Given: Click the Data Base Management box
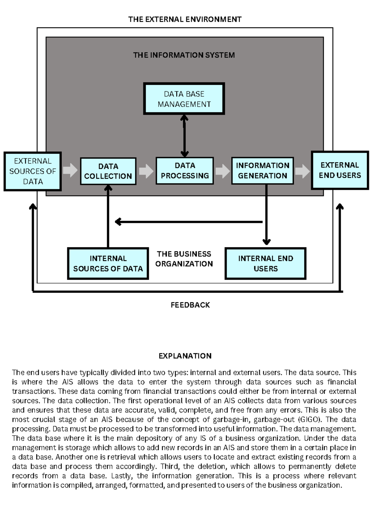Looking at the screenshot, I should [184, 99].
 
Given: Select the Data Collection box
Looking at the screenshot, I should [108, 171].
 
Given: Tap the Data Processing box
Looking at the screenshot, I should [185, 171].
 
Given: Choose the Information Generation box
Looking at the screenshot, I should [262, 171].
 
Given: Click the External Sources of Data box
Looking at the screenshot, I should [33, 171].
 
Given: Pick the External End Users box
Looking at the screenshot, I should [340, 170].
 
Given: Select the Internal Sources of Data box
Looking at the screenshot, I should [108, 263].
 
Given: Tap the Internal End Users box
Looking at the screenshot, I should [265, 263].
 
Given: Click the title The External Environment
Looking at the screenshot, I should [185, 19].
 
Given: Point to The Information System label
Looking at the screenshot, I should [184, 55].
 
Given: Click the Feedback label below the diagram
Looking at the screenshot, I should [190, 305].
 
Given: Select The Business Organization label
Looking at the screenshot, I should [184, 259].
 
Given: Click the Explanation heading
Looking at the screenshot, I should [185, 356].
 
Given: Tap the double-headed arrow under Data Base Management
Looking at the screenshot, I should [184, 136].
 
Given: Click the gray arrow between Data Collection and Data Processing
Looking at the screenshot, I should [146, 171].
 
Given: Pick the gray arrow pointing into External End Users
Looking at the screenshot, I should [302, 171].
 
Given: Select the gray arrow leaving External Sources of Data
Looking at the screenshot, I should [70, 170].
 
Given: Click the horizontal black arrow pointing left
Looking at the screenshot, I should [188, 221].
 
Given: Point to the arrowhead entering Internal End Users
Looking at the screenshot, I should [266, 242].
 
